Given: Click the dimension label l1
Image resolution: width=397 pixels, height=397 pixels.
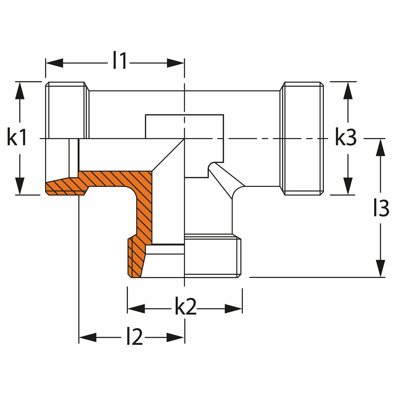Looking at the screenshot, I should tap(119, 61).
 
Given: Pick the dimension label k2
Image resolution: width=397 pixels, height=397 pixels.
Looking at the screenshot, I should tap(185, 308).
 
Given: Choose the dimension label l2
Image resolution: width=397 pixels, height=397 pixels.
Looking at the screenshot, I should tap(134, 337).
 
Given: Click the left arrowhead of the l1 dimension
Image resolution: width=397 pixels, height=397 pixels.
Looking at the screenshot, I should tap(54, 63).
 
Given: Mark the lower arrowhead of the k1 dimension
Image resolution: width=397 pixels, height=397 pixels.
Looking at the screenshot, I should tap(20, 186).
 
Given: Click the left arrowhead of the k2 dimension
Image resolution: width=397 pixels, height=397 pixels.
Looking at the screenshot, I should tap(136, 309).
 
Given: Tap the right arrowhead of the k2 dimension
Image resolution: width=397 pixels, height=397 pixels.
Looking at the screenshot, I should tap(234, 309).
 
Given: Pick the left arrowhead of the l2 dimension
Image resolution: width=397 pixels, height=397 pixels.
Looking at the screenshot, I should tap(88, 337).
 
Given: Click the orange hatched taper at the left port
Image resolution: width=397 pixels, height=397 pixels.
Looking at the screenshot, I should tap(65, 187).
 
